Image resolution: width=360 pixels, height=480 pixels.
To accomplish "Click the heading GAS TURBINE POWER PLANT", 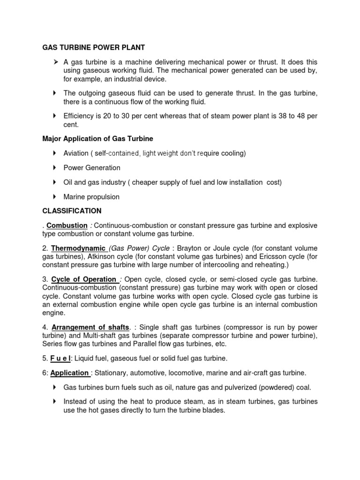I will [x=94, y=47].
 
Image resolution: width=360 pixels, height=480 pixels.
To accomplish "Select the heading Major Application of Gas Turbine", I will [x=97, y=139].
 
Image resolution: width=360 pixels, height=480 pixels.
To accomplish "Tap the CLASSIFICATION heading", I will [x=72, y=211].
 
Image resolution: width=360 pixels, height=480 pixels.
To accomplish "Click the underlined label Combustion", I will [x=67, y=225].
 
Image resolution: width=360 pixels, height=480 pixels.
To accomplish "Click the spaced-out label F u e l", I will [x=60, y=358].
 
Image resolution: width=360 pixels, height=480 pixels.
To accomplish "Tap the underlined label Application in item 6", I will [x=69, y=373].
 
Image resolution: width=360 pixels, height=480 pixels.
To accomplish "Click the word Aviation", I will [x=76, y=153].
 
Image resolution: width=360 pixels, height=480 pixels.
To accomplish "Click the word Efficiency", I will [x=79, y=116].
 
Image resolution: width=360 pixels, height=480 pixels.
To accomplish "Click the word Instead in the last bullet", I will [x=76, y=402].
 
